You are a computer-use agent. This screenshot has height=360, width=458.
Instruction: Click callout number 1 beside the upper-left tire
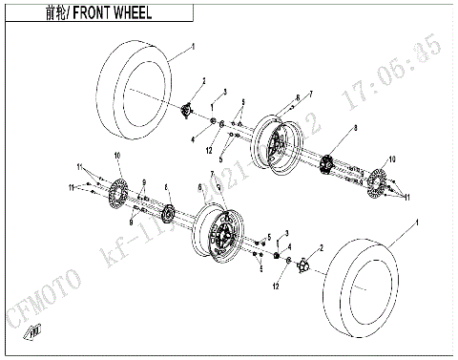click(x=193, y=45)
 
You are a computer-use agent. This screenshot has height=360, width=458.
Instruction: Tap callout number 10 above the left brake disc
click(x=117, y=156)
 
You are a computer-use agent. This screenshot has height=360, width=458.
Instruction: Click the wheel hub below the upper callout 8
click(x=328, y=164)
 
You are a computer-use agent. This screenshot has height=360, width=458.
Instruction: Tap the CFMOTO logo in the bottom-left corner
click(x=33, y=331)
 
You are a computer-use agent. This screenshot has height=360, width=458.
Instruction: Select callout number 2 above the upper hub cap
click(x=203, y=82)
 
